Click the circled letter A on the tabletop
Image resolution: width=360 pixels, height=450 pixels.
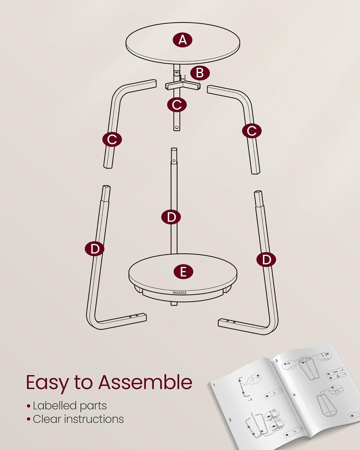(x=182, y=40)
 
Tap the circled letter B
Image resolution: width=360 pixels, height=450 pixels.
(x=200, y=73)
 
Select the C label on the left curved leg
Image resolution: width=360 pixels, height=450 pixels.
(x=112, y=140)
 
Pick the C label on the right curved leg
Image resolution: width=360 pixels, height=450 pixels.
(x=252, y=131)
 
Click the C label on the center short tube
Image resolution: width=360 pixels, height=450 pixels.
(x=177, y=104)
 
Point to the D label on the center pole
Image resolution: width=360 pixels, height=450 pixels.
(x=171, y=217)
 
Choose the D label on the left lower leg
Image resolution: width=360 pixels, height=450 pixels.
(x=95, y=249)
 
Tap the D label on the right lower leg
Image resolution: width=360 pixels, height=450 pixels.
(x=266, y=260)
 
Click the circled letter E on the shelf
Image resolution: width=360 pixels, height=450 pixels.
(x=183, y=272)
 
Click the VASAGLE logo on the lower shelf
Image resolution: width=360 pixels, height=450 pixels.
(x=180, y=292)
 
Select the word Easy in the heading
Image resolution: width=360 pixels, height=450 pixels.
(x=47, y=382)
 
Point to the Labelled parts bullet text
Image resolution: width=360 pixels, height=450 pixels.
(x=70, y=406)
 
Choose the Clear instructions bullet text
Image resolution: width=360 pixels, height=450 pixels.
(x=78, y=419)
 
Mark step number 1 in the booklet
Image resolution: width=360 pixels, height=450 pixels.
(x=213, y=384)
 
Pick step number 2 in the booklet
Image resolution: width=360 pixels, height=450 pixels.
(x=230, y=419)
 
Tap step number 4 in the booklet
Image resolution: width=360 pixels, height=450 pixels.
(x=295, y=394)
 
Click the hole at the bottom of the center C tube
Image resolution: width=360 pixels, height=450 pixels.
(x=177, y=126)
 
